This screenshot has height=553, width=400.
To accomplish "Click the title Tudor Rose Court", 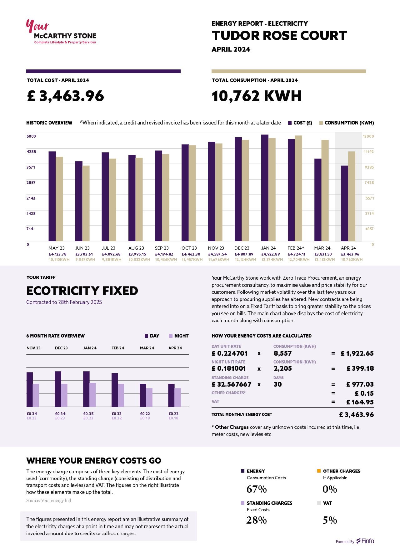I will tap(279, 36).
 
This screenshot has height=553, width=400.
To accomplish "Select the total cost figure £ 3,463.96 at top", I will tap(65, 96).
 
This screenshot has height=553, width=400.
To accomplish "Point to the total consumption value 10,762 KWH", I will tap(256, 96).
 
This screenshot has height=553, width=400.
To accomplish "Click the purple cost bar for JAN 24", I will tap(265, 188).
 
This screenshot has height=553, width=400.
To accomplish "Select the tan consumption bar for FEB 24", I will tap(298, 188).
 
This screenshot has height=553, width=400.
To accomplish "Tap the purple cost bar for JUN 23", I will tap(79, 201).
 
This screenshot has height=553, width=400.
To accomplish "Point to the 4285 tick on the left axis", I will tap(31, 152).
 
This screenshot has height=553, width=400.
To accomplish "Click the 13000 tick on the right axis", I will tap(368, 136).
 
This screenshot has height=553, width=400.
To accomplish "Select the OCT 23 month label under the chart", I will tap(189, 248).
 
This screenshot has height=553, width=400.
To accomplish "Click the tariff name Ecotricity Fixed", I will tap(82, 291).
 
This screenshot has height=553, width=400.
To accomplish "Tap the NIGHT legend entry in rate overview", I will tap(179, 336).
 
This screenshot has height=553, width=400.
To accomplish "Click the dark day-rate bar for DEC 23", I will tap(58, 389).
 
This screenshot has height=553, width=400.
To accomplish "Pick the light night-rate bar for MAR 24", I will tap(149, 397).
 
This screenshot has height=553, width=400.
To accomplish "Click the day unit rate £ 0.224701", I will tap(229, 353).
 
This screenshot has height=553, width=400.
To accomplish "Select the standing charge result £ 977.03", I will tap(360, 384).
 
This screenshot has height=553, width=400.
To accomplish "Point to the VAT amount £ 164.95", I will tap(360, 402).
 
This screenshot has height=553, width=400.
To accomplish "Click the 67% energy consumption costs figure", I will tap(257, 489).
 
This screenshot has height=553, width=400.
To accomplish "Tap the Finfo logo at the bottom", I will tap(365, 541).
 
